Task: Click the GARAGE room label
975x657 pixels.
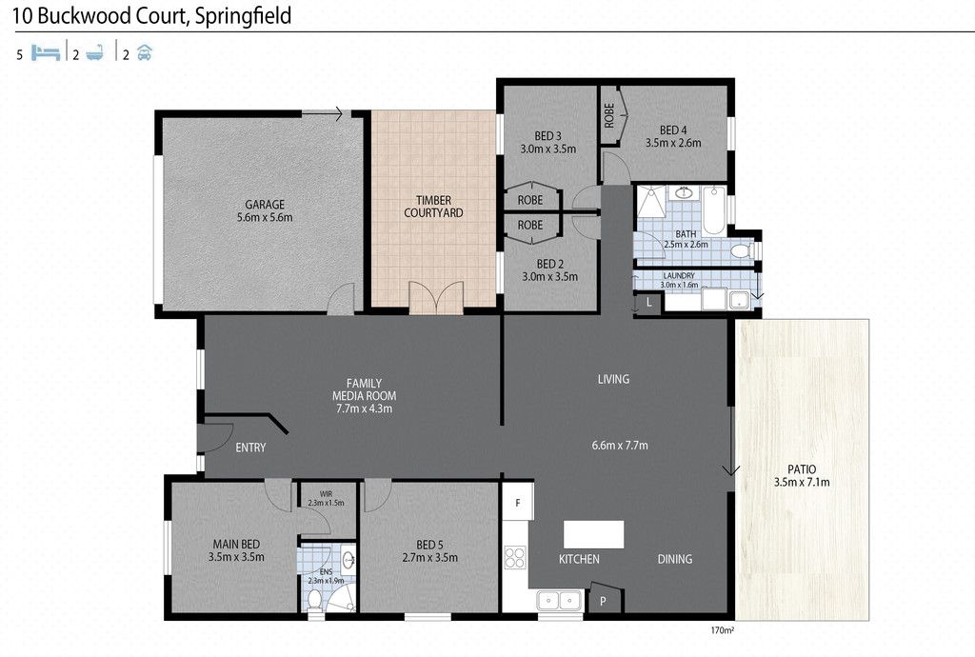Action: (265, 205)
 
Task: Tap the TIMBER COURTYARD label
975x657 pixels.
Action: (433, 207)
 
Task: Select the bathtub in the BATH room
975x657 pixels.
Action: (714, 209)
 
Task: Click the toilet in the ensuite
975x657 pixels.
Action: (314, 600)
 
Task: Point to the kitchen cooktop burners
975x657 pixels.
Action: (515, 557)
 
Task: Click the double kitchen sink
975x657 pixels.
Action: (559, 601)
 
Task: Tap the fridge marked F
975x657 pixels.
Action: (517, 502)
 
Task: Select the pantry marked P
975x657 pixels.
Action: (603, 600)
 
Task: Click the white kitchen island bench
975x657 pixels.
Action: (593, 534)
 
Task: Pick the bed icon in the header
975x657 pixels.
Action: (46, 52)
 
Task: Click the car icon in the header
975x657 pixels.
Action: (145, 52)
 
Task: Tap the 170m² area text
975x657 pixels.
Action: (722, 630)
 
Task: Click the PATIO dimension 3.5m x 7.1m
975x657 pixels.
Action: (802, 482)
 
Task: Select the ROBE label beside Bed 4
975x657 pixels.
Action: (609, 115)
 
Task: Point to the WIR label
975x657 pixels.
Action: (326, 494)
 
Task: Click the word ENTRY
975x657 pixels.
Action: (250, 448)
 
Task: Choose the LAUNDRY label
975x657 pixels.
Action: (679, 275)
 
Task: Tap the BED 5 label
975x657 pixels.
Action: (429, 545)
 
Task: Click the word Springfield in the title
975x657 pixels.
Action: (243, 16)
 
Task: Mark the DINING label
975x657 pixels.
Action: (675, 559)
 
